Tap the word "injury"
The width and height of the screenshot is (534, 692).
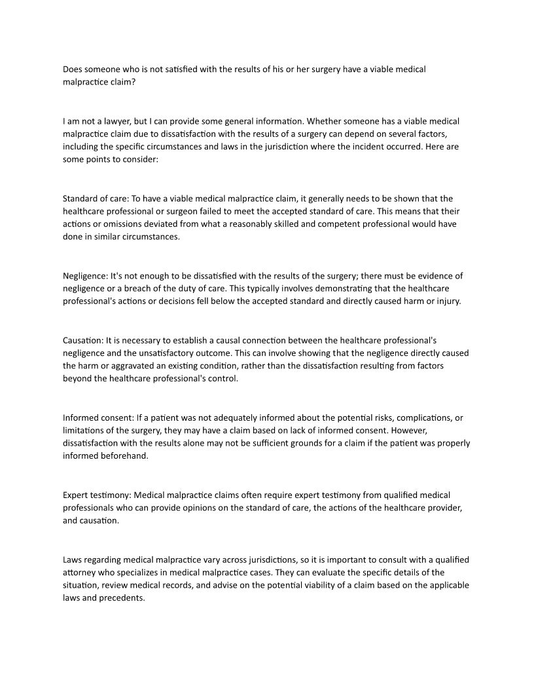pos(448,301)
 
